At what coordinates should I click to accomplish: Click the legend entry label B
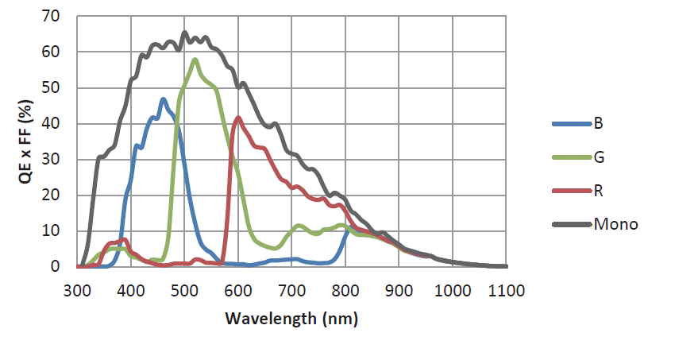click(598, 123)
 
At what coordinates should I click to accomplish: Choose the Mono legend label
click(615, 224)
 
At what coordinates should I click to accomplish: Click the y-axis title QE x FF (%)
click(26, 143)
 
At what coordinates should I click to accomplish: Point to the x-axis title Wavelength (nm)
click(291, 319)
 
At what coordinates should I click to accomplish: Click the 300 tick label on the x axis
click(78, 290)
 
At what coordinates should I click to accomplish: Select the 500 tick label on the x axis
click(185, 290)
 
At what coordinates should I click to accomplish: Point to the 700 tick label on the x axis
click(292, 290)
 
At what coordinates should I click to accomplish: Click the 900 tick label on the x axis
click(399, 290)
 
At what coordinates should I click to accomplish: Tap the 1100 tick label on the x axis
click(506, 290)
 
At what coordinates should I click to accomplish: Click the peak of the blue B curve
click(164, 99)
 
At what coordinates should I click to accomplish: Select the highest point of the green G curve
click(195, 60)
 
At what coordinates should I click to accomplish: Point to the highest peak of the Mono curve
click(185, 33)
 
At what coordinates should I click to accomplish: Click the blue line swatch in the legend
click(571, 123)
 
